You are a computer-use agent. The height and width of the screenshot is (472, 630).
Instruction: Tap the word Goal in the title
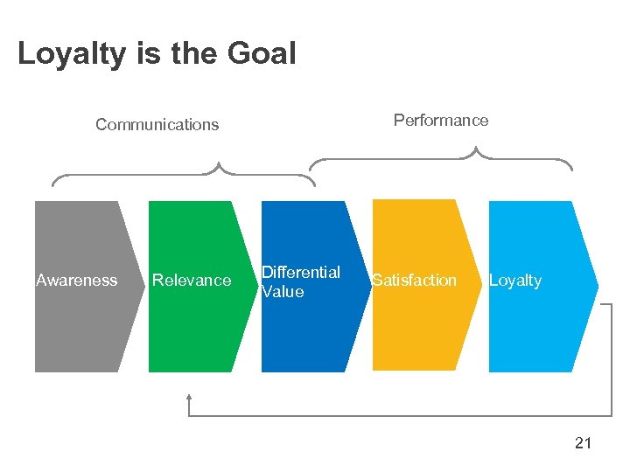pos(262,54)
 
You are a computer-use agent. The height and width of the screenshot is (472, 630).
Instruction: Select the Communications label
pos(157,124)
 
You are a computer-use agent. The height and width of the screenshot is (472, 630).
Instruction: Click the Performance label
pos(441,120)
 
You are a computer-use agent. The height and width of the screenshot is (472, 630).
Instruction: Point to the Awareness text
pos(77,281)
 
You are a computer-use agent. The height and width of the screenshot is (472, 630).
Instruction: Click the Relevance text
pos(192,281)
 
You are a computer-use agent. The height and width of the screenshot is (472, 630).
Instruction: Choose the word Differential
pos(301,272)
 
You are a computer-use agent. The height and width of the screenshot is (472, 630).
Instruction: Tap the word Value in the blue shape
pos(283,292)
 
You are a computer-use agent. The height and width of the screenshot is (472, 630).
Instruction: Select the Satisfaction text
pos(415,281)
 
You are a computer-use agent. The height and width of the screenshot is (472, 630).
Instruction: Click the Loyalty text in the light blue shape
pos(514,281)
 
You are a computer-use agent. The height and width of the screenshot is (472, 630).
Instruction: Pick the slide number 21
pos(583,443)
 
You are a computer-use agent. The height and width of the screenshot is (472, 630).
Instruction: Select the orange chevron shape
pos(420,332)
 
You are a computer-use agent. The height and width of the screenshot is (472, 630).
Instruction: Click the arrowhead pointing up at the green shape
pos(189,398)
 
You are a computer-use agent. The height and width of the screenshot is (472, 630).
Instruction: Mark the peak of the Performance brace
pos(477,150)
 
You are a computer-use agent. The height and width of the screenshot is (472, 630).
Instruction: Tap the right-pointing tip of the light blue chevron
pos(597,286)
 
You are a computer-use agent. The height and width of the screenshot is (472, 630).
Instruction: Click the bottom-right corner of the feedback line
pos(611,415)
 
